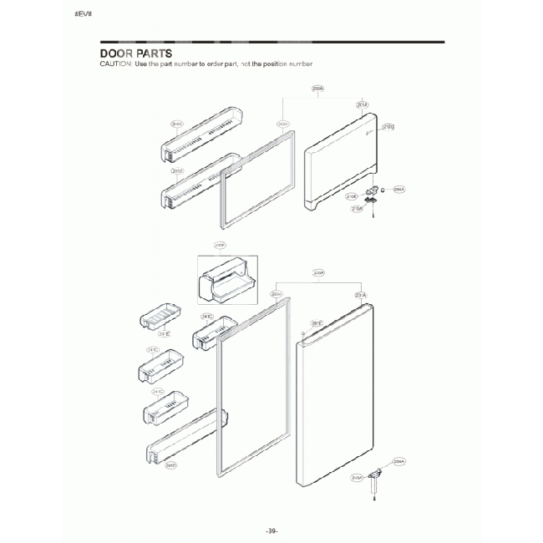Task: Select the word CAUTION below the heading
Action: click(x=114, y=64)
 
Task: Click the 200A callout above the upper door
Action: click(x=317, y=88)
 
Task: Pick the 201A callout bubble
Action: click(x=362, y=105)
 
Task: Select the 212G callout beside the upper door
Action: click(x=388, y=127)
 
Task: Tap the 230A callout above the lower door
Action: click(x=318, y=273)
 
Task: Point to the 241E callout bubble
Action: click(x=164, y=334)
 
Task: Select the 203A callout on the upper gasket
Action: click(x=282, y=124)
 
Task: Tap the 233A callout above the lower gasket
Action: click(x=277, y=294)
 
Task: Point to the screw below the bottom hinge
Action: click(x=375, y=500)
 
